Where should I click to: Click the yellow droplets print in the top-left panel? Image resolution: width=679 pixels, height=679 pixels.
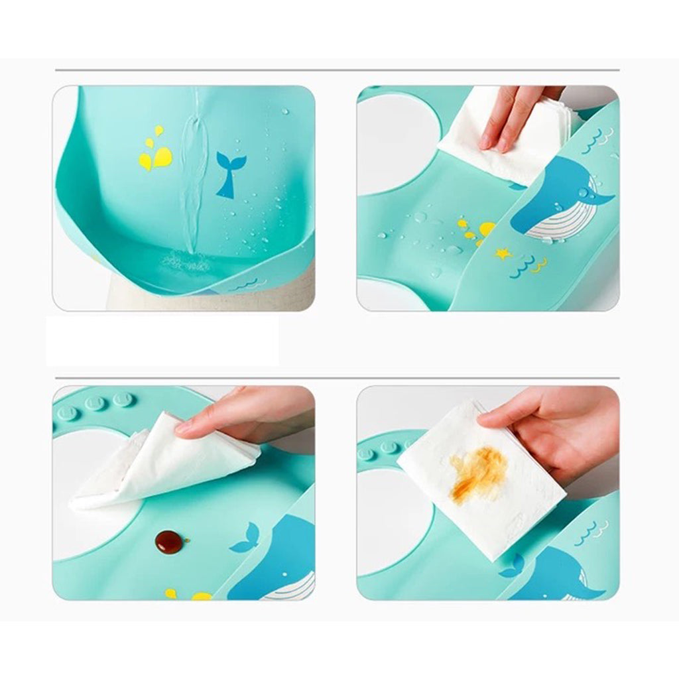pos(156,152)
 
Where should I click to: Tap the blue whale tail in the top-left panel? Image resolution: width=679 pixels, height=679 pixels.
pos(229,174)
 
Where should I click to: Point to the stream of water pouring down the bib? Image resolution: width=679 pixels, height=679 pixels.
pos(192,179)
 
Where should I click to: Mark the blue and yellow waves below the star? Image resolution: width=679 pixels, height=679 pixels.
pos(528,265)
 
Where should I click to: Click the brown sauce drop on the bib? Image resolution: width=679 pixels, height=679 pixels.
pos(169,541)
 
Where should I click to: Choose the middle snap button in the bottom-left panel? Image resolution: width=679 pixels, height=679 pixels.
pos(95,404)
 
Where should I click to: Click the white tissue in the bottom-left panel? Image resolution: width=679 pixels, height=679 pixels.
pos(159,464)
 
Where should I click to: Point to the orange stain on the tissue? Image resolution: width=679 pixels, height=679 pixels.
pos(479,472)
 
